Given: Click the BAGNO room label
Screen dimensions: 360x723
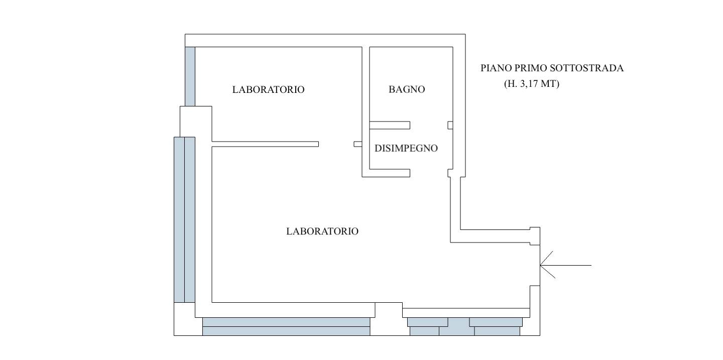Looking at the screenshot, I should click(407, 89).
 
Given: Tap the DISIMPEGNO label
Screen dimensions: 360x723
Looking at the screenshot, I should click(406, 148).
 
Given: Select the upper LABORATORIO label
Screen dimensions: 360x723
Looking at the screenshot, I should click(268, 89).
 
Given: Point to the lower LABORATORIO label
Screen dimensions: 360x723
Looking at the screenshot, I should click(322, 231).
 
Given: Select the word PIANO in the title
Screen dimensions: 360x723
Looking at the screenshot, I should click(495, 68).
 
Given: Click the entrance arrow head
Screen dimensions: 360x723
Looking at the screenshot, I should click(542, 265).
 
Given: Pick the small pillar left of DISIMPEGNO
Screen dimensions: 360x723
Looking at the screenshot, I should click(358, 144).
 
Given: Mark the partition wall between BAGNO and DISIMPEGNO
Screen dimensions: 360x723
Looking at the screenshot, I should click(390, 125).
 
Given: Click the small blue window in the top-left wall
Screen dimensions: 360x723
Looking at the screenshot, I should click(190, 76).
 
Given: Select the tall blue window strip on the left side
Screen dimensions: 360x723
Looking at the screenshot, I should click(184, 219).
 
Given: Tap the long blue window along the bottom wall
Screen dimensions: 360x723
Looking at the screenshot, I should click(286, 326).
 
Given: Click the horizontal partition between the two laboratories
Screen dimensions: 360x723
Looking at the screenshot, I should click(265, 144).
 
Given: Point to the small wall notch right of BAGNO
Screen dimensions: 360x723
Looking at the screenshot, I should click(450, 125).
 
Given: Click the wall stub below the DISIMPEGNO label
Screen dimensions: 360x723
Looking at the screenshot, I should click(390, 173).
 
